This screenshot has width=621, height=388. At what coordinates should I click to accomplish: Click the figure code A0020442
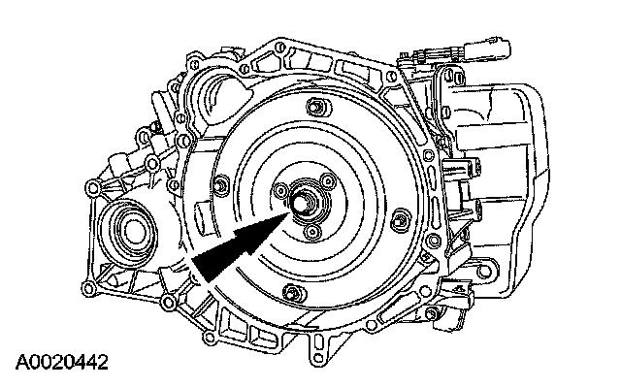62,362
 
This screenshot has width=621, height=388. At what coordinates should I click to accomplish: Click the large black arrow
241,246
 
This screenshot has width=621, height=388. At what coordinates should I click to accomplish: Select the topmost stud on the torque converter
317,108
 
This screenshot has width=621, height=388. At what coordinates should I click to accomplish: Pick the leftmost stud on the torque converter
220,185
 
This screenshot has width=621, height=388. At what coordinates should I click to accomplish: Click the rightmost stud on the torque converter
401,218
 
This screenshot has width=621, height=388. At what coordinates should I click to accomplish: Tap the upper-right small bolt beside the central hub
328,181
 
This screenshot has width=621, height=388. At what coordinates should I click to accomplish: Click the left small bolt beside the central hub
280,191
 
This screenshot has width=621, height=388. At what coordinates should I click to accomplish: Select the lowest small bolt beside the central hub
311,232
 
